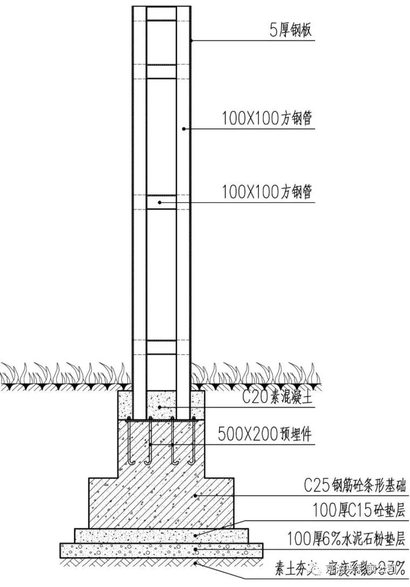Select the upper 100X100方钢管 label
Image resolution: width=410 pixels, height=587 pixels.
(267, 118)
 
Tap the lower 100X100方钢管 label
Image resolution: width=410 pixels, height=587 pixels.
(267, 192)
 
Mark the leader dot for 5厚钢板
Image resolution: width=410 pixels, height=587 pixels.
(191, 41)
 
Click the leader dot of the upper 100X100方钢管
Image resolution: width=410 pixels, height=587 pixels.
(184, 129)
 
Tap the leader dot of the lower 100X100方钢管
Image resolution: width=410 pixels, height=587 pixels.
(160, 203)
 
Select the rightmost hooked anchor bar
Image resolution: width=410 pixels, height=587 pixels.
(192, 443)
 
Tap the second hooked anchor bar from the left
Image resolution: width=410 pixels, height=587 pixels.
(149, 443)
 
